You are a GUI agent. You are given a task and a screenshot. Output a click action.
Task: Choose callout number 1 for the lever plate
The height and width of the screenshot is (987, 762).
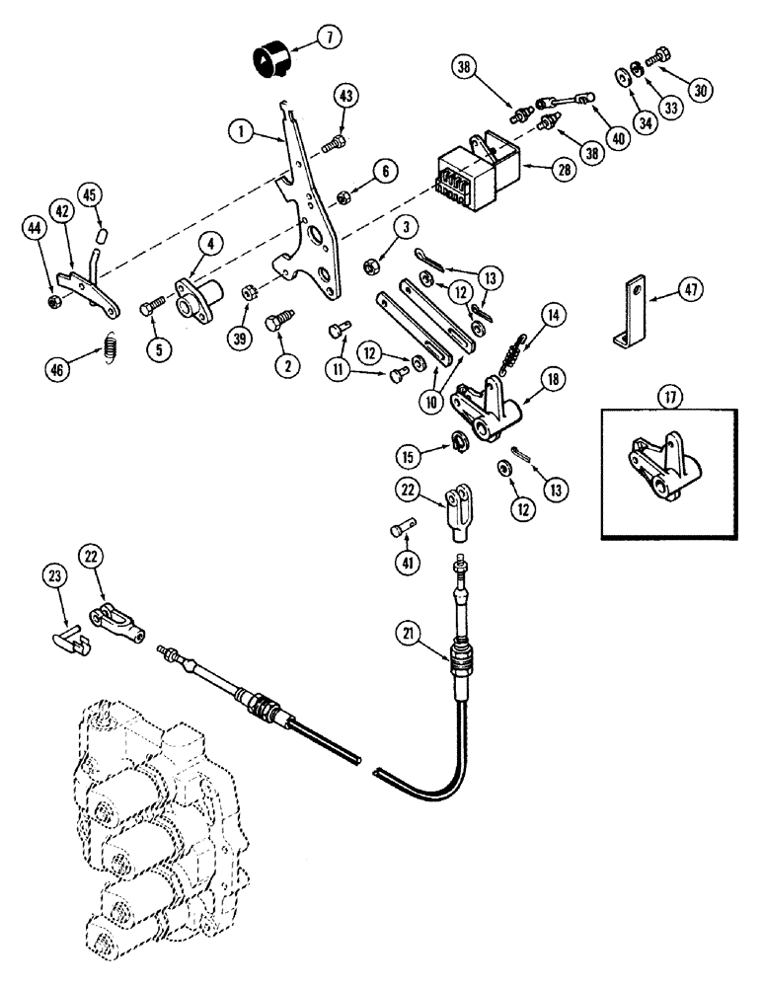[x=240, y=129]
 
